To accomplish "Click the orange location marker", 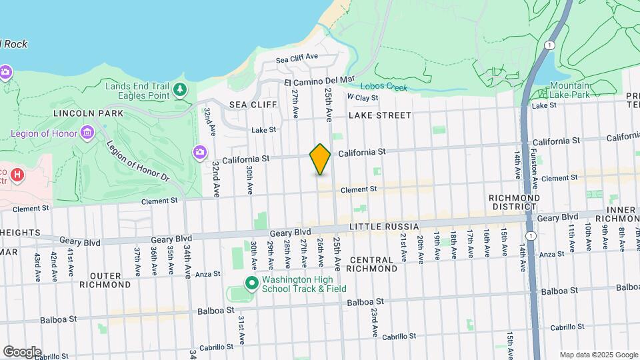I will [320, 159].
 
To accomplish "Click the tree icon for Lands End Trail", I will [179, 89].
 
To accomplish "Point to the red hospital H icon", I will [17, 176].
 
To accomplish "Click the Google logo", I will [22, 352].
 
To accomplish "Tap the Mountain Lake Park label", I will [570, 90].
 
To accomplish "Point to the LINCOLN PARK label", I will [89, 113].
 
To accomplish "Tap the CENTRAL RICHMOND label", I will [373, 264].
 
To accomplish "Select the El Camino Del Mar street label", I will [319, 81].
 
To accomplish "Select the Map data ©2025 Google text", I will [598, 355].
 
